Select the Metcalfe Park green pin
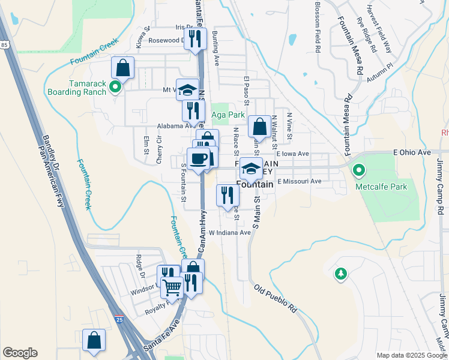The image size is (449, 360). coord(359,172)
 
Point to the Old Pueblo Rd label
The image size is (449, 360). coord(276,298)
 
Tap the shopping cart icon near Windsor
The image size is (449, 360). coord(172,287)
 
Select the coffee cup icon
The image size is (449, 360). coord(198,159)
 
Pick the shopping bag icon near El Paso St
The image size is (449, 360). coord(259,127)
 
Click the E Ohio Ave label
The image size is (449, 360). coord(412,153)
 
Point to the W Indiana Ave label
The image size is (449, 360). coord(230,232)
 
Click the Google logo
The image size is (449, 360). coord(20,353)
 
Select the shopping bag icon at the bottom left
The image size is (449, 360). coord(94,340)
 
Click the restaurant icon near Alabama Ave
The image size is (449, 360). coord(193,111)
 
